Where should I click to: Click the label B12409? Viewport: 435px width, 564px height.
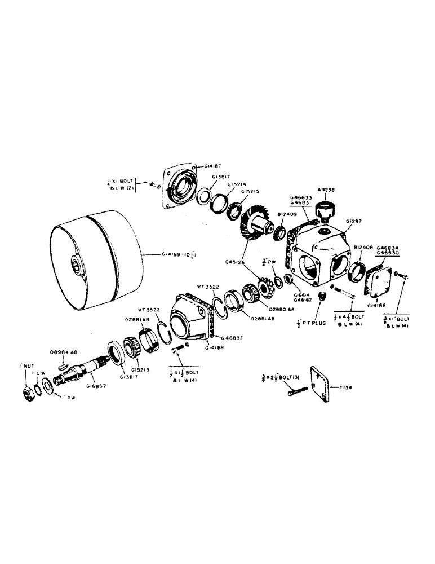click(x=287, y=214)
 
